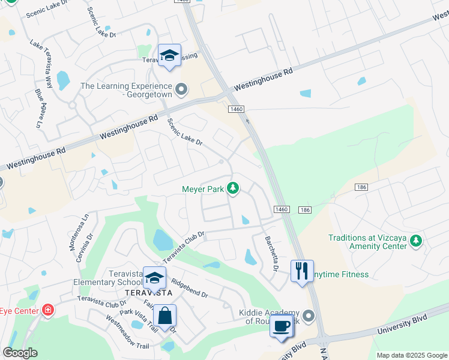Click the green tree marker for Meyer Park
233,189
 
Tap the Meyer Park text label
202,189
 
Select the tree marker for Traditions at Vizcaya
415,242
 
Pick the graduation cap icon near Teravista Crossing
170,56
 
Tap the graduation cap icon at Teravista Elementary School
154,278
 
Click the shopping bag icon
164,316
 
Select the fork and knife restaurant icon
302,270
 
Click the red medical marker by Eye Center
47,310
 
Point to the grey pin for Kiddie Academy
309,316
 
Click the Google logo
20,353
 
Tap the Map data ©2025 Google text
412,355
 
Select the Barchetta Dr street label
271,253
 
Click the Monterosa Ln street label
84,227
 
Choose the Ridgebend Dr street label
189,287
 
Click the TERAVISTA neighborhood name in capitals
148,292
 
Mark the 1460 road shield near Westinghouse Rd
236,109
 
